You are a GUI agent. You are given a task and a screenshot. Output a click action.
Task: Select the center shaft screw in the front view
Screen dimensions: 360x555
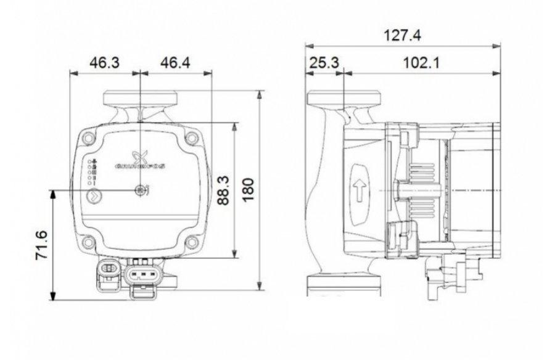coord(142,191)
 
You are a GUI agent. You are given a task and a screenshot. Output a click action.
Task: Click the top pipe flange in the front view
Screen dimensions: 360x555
coord(141,99)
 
